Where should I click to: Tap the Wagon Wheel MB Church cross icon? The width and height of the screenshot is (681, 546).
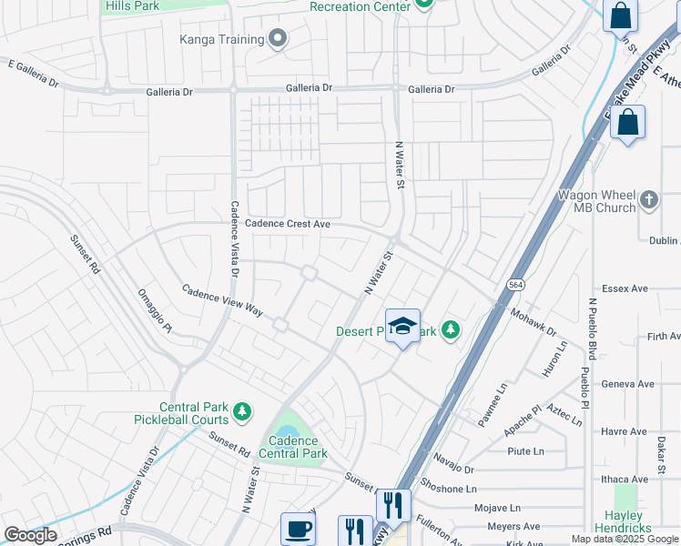(x=648, y=198)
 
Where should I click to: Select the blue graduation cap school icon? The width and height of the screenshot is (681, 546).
(x=402, y=327)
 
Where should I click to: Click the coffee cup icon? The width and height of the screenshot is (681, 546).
(x=298, y=529)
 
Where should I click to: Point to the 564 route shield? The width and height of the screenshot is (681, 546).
(x=516, y=285)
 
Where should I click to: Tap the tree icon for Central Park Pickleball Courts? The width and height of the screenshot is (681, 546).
(x=241, y=413)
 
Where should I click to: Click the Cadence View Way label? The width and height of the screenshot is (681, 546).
(x=222, y=300)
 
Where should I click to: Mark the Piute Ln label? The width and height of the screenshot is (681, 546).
(x=525, y=450)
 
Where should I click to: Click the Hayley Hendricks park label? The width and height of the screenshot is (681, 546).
(x=624, y=521)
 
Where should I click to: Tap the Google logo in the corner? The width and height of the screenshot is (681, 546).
(x=30, y=535)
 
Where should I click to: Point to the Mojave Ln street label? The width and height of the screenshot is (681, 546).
(x=502, y=507)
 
